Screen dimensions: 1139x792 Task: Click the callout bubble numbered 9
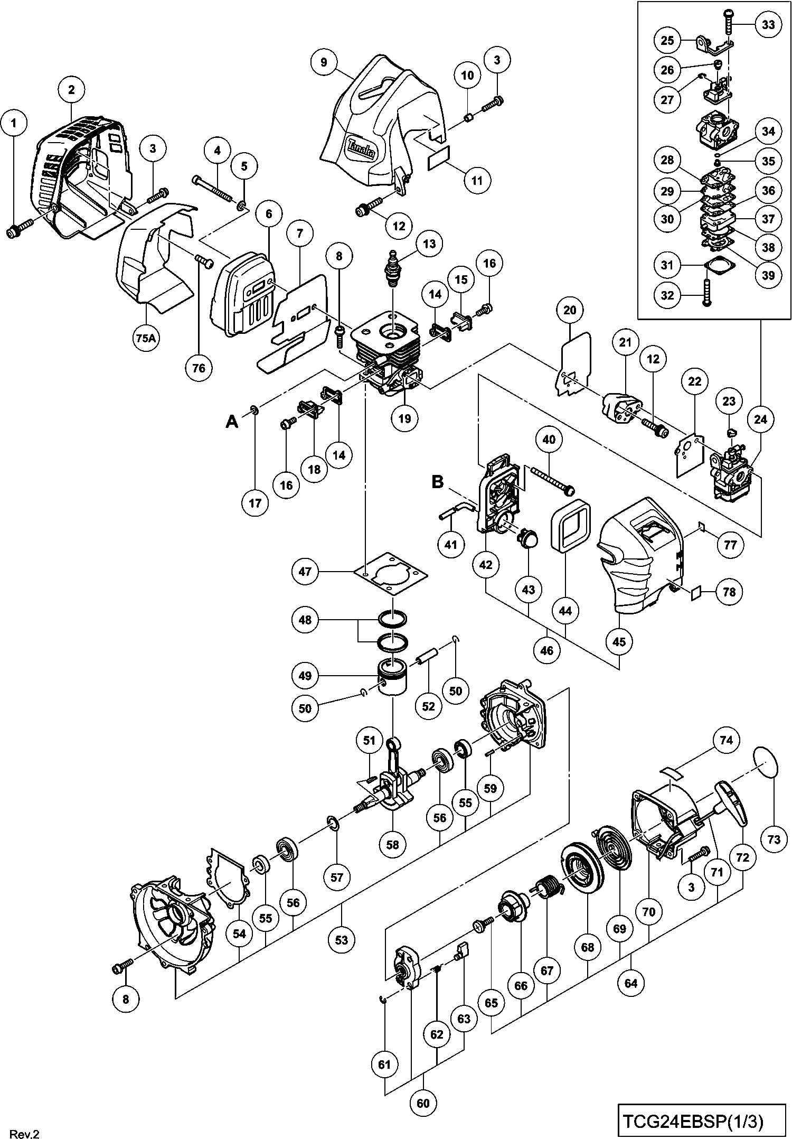click(x=324, y=62)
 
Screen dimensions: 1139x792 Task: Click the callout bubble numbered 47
click(x=305, y=571)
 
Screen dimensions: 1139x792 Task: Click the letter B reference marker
click(x=438, y=482)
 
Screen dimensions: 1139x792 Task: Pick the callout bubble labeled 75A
click(x=146, y=339)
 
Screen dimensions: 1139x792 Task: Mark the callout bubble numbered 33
click(x=768, y=24)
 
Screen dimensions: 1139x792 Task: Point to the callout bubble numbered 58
click(x=393, y=845)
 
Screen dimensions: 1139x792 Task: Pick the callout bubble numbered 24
click(x=760, y=419)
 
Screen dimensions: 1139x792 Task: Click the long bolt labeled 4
click(x=213, y=189)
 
